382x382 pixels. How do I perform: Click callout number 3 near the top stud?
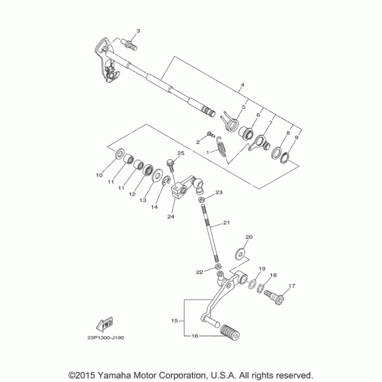(x=138, y=31)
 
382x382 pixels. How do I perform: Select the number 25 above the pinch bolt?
(x=180, y=153)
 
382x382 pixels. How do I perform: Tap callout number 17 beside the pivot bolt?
(x=292, y=286)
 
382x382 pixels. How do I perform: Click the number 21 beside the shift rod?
(x=226, y=223)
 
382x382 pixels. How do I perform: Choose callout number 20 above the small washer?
(x=248, y=237)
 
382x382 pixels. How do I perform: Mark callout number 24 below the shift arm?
(x=170, y=216)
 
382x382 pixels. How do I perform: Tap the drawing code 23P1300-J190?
(x=106, y=338)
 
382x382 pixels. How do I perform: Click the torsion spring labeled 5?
(x=231, y=120)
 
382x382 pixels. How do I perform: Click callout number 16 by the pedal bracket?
(x=194, y=336)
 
